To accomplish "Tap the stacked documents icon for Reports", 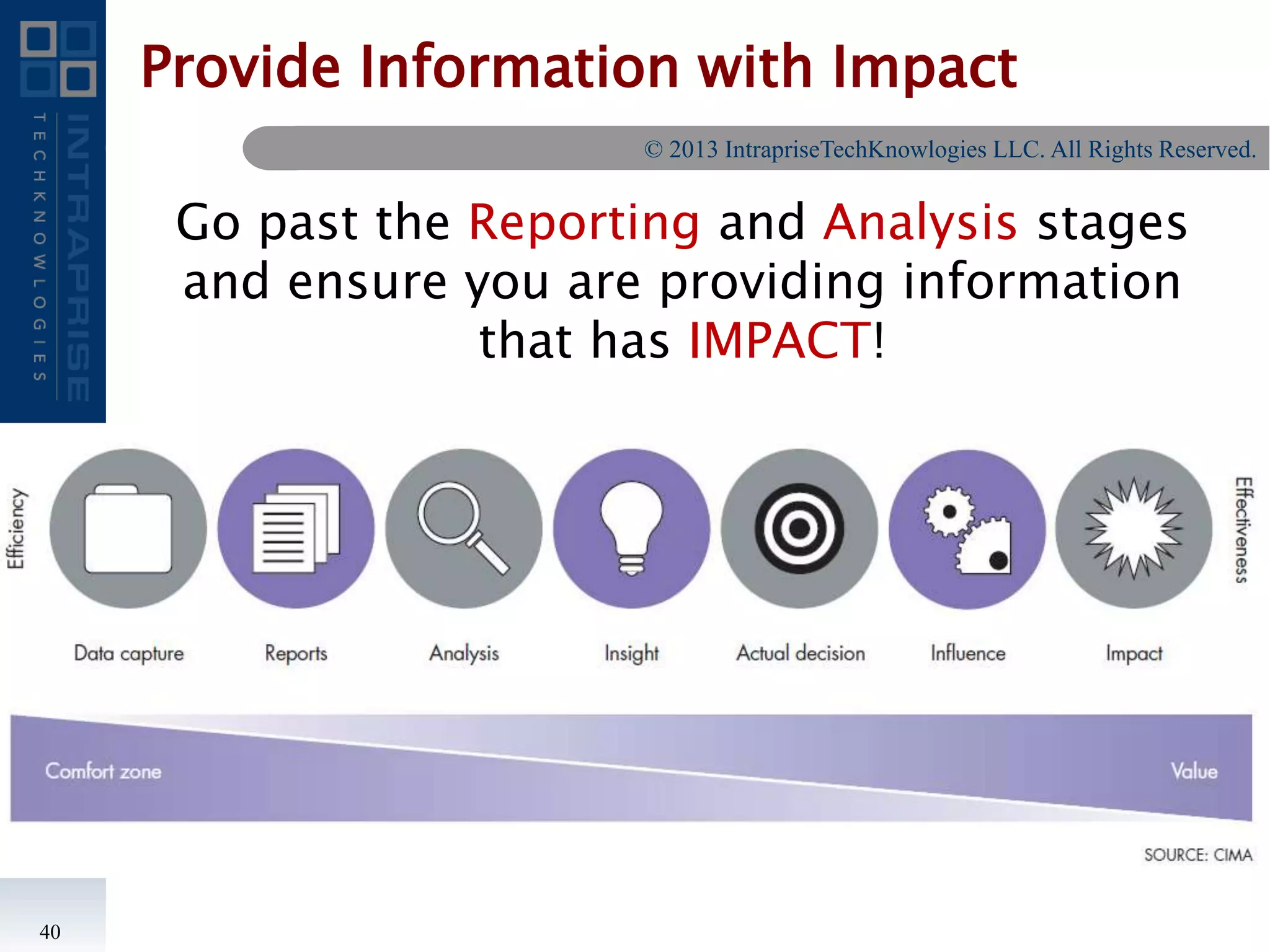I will coord(296,529).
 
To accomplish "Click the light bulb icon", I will coord(631,527).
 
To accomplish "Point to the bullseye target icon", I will coord(799,529).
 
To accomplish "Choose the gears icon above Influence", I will coord(967,530).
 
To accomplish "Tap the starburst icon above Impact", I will coord(1134,529).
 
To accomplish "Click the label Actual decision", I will coord(800,653).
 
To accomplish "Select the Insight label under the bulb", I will coord(631,653).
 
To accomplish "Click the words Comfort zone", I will coord(103,771).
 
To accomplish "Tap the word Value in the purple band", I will coord(1194,771).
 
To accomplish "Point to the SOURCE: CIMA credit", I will coord(1197,855).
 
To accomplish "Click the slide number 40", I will coord(50,932).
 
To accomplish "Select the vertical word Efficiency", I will coord(16,529).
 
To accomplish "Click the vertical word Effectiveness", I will coord(1243,530).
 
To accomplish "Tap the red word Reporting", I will coord(584,222).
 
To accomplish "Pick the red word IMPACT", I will coord(779,340).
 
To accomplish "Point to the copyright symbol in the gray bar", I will coord(653,149).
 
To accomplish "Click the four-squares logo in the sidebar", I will coord(58,59).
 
